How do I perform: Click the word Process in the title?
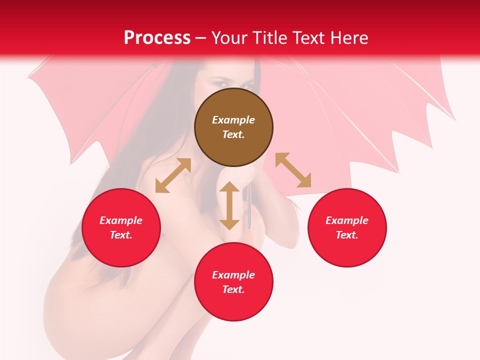click(157, 38)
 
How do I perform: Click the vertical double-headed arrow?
click(229, 205)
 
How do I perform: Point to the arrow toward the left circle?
click(173, 175)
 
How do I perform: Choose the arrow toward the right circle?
click(293, 170)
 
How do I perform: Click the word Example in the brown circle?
click(233, 120)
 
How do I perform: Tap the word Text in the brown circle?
click(233, 134)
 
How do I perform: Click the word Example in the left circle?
click(121, 220)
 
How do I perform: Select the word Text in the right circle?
click(347, 235)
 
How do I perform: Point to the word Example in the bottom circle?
click(233, 275)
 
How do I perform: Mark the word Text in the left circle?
click(121, 235)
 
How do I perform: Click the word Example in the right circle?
click(347, 220)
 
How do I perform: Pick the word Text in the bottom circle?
click(233, 289)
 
